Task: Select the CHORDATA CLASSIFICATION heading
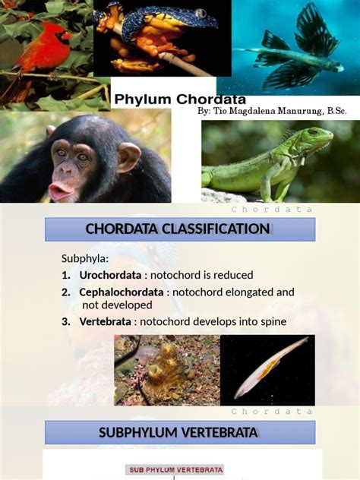[x=178, y=229]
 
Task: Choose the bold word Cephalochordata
[x=121, y=292]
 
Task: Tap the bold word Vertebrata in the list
[x=106, y=321]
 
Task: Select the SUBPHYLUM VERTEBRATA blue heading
[x=180, y=433]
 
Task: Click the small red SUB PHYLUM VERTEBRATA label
[x=174, y=470]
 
